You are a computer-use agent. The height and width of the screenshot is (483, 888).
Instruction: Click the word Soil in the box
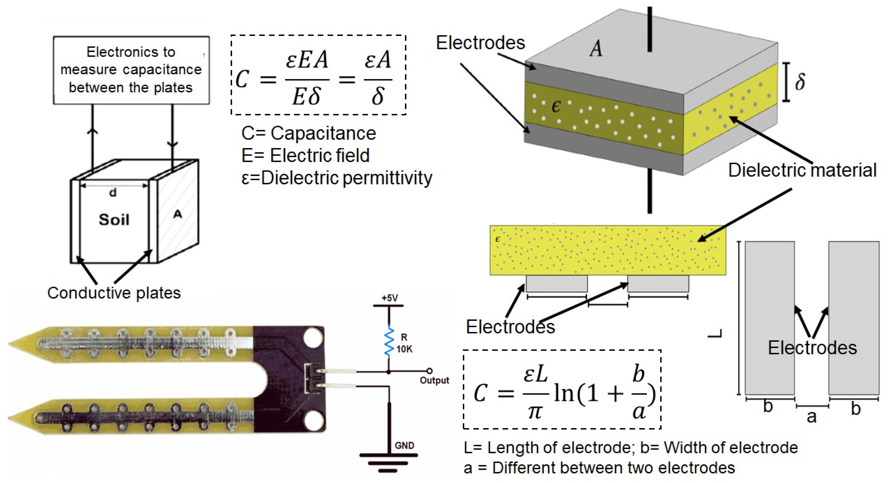pos(114,219)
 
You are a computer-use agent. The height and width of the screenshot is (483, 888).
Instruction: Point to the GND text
pos(404,445)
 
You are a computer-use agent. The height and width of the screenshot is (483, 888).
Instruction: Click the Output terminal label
pos(434,380)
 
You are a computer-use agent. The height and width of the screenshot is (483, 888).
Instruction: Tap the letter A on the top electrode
pos(596,49)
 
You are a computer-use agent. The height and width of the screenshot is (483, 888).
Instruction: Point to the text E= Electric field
pos(305,155)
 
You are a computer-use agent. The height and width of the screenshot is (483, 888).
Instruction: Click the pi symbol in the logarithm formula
pos(535,411)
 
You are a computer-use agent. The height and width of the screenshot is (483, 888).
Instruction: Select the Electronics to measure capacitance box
pos(131,70)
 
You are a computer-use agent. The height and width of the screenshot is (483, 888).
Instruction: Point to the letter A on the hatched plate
pos(177,214)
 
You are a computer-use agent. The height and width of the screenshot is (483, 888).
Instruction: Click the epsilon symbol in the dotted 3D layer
pos(556,107)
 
